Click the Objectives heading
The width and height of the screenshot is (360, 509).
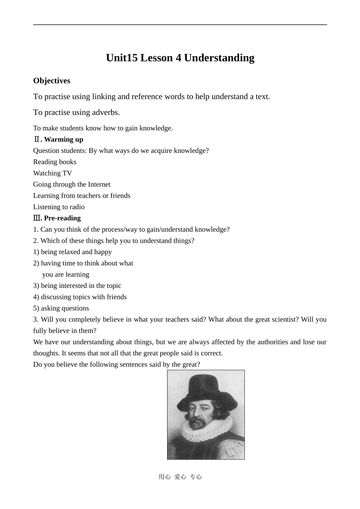point(52,81)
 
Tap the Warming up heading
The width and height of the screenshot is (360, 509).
point(63,140)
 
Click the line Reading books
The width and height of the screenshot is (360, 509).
point(55,162)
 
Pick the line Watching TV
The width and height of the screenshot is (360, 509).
point(52,173)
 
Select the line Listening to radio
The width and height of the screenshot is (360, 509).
point(59,207)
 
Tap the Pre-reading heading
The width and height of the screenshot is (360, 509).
point(62,218)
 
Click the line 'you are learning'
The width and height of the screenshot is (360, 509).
point(66,275)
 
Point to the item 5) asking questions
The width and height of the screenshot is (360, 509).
point(61,308)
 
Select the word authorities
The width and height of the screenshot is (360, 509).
point(273,342)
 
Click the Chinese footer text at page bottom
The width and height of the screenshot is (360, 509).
point(180,477)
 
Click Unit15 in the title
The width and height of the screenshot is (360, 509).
point(122,58)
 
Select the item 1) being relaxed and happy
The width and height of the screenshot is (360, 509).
point(72,252)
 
